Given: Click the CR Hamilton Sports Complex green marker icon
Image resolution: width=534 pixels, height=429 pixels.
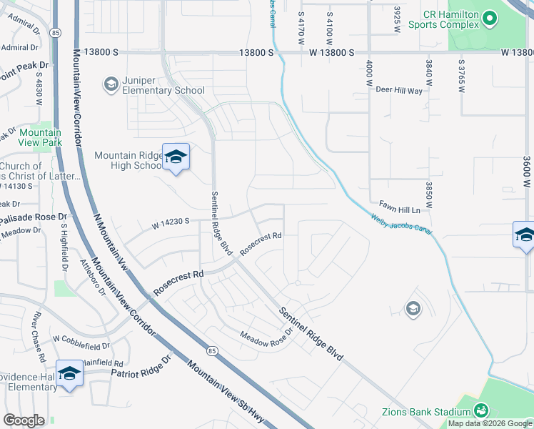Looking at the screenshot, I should [489, 17].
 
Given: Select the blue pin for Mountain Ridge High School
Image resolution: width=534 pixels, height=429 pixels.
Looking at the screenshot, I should [176, 158].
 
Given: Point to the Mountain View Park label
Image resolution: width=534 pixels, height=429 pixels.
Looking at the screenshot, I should [41, 137].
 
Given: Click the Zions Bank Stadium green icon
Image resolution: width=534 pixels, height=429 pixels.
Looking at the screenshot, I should [481, 410].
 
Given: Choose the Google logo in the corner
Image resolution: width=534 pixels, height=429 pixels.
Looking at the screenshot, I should [24, 420].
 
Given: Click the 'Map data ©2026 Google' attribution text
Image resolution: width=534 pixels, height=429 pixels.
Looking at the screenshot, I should [490, 423].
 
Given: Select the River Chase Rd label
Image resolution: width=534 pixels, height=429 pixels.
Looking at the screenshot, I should [39, 336].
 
